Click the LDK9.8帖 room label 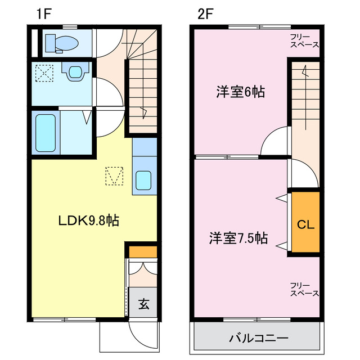[x=89, y=220]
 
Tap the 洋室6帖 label [x=240, y=92]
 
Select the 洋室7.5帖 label [x=238, y=238]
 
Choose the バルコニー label [x=259, y=339]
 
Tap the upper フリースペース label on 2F [x=304, y=40]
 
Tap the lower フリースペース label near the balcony [x=304, y=289]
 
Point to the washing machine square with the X [x=43, y=73]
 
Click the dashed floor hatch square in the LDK [x=115, y=176]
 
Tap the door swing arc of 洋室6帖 [x=273, y=142]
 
